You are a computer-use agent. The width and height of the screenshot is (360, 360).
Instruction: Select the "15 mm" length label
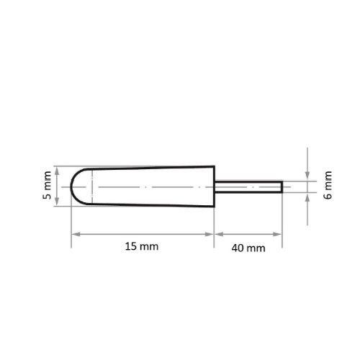pyautogui.click(x=140, y=247)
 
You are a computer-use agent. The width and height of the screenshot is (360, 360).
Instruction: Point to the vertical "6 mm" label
pyautogui.click(x=328, y=186)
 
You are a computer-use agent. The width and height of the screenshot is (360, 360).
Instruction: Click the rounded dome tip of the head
pyautogui.click(x=74, y=186)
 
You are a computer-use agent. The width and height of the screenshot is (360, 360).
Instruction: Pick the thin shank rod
pyautogui.click(x=248, y=186)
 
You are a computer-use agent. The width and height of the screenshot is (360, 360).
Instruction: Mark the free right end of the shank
pyautogui.click(x=281, y=186)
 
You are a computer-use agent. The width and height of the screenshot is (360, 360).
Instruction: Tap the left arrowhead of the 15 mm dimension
pyautogui.click(x=73, y=235)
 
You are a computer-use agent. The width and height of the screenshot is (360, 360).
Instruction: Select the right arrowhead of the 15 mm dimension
pyautogui.click(x=212, y=235)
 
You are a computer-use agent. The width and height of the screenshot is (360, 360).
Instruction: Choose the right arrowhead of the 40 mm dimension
pyautogui.click(x=279, y=235)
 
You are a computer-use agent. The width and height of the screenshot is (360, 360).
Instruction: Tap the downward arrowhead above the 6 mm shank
pyautogui.click(x=307, y=177)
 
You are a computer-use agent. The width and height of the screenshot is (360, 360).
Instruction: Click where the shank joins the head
pyautogui.click(x=215, y=186)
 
